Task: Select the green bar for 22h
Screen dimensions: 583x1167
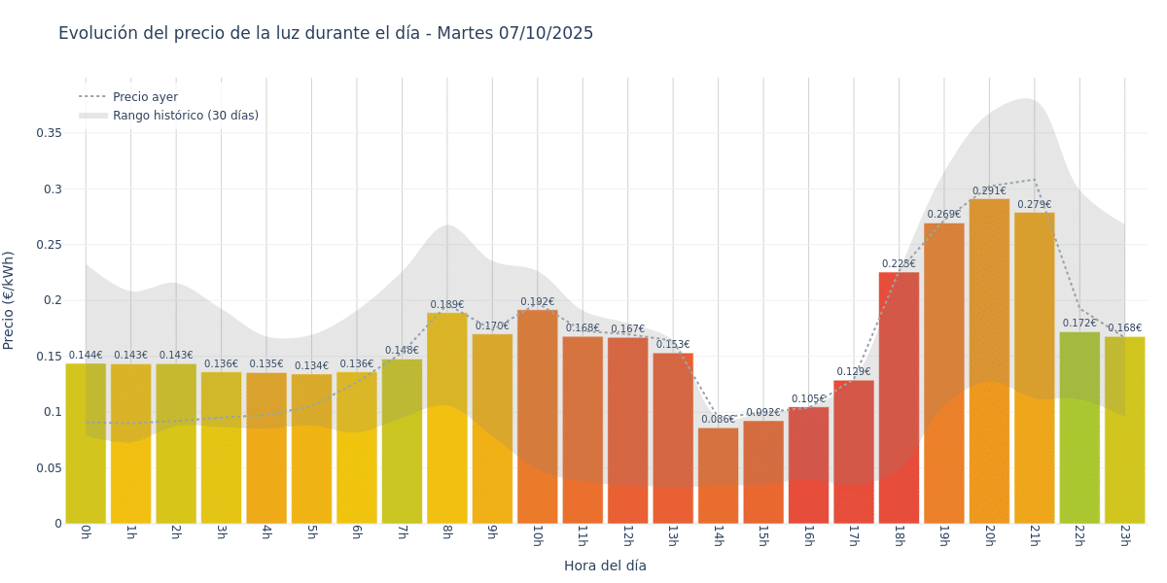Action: (x=1079, y=428)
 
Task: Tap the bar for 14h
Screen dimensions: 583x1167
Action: (x=718, y=476)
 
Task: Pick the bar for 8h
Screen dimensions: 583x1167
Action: (x=446, y=418)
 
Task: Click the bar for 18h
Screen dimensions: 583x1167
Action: (x=899, y=398)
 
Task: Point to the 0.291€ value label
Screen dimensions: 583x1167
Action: (x=989, y=191)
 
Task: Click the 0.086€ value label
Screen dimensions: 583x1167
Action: (x=718, y=420)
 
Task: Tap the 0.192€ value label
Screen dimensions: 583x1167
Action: (x=537, y=302)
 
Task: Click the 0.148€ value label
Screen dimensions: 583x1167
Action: (x=402, y=351)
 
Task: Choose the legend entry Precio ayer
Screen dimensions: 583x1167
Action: (x=145, y=97)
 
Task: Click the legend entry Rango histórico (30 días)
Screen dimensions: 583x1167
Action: (x=185, y=116)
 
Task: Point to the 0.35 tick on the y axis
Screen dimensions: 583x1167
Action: (x=49, y=133)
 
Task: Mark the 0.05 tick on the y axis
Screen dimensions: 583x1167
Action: (x=49, y=467)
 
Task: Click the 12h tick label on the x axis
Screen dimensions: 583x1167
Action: (x=627, y=535)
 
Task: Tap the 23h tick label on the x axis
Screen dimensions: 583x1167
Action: (x=1124, y=535)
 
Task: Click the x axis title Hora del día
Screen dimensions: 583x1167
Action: (x=605, y=566)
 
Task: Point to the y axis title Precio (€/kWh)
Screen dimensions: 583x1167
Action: (x=10, y=300)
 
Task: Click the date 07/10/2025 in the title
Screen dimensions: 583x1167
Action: (x=546, y=33)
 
